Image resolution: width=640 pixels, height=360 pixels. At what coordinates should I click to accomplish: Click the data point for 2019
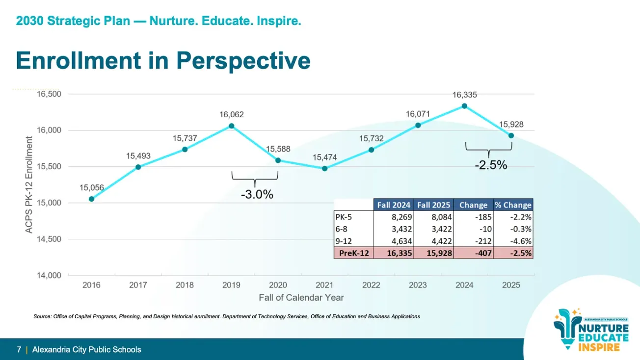pyautogui.click(x=231, y=126)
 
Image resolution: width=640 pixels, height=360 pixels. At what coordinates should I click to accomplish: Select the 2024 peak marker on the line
pyautogui.click(x=464, y=106)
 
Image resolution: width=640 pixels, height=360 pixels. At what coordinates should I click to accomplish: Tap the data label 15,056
pyautogui.click(x=91, y=187)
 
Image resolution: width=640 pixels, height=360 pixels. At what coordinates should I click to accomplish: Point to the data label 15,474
pyautogui.click(x=324, y=157)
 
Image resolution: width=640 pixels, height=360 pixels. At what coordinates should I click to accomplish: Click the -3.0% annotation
pyautogui.click(x=257, y=195)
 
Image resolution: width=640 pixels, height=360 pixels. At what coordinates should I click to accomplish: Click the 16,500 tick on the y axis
pyautogui.click(x=49, y=94)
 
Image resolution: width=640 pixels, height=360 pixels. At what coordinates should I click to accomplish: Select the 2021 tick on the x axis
pyautogui.click(x=324, y=285)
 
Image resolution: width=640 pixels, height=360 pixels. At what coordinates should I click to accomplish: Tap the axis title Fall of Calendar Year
pyautogui.click(x=301, y=298)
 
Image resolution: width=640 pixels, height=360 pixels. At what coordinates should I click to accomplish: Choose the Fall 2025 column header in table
pyautogui.click(x=433, y=205)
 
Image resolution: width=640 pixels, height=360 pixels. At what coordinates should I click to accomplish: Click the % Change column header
pyautogui.click(x=513, y=205)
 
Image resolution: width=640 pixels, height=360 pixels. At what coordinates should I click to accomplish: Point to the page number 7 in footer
pyautogui.click(x=19, y=350)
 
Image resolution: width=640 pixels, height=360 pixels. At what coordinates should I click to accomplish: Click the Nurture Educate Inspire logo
pyautogui.click(x=591, y=330)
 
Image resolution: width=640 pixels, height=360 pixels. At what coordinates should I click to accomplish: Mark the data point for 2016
pyautogui.click(x=91, y=199)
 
